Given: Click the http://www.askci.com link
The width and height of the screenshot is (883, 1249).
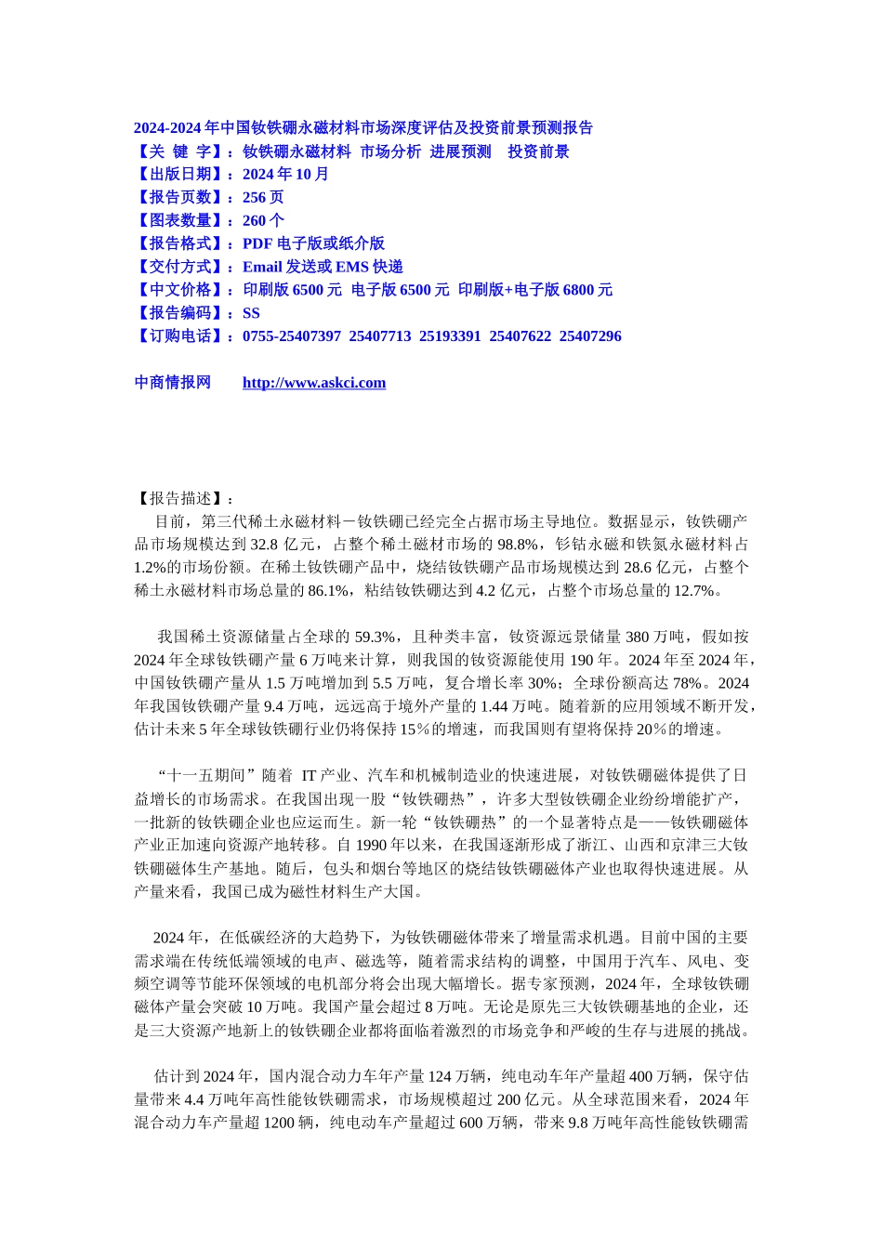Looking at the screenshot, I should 313,383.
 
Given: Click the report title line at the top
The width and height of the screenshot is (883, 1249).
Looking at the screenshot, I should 363,128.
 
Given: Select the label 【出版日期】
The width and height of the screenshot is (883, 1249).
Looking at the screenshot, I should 180,175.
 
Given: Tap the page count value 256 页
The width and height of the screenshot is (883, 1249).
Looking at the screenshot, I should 263,198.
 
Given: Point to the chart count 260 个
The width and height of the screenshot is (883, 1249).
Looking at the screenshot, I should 263,221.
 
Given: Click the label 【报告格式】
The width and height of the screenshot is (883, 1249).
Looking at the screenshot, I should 180,244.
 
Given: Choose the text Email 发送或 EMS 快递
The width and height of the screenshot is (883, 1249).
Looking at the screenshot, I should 323,268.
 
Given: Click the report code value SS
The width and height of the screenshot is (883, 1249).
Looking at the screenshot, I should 251,314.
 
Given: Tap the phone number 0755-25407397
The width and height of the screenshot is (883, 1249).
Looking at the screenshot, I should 292,336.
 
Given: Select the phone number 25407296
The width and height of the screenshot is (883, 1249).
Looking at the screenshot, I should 590,336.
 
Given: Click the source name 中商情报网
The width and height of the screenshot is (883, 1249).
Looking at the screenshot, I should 173,383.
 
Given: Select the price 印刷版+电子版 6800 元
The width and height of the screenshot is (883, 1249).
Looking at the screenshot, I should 535,291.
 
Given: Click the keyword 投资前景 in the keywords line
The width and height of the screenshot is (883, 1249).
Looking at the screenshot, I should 538,151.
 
